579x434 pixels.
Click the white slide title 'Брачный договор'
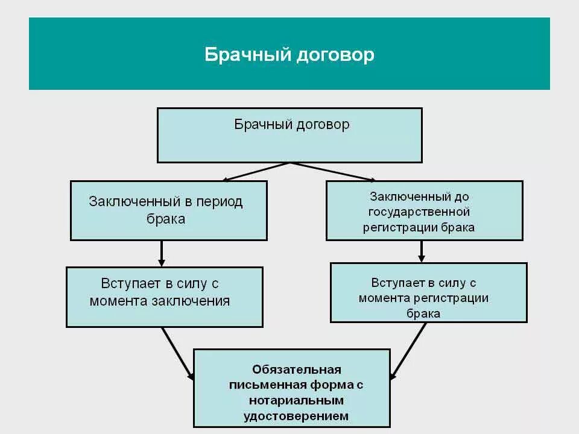(289, 55)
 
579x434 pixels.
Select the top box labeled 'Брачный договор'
(289, 135)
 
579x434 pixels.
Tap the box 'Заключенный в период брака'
(169, 210)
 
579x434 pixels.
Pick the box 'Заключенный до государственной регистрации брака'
(424, 211)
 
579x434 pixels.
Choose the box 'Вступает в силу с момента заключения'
(165, 297)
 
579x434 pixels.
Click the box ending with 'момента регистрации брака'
(428, 292)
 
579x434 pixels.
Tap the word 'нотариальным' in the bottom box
(296, 400)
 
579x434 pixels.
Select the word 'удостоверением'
(296, 416)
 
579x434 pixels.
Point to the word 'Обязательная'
(297, 369)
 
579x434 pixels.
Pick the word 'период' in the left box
(221, 202)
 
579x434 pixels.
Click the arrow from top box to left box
(256, 171)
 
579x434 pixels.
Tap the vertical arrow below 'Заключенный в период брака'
(162, 253)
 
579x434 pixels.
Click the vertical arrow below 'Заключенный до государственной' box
(422, 251)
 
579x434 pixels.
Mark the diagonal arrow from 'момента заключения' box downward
(178, 353)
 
